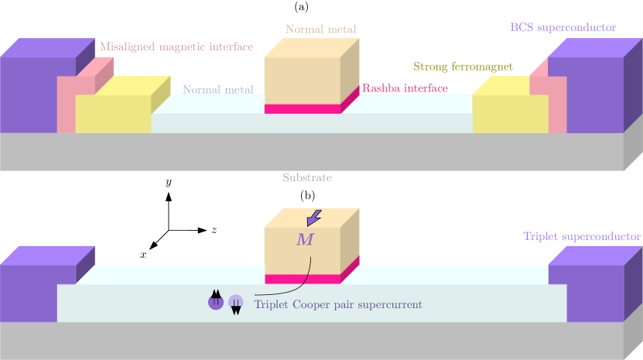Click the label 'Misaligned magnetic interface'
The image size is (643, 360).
click(x=176, y=47)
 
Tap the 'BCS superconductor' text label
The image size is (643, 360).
click(x=563, y=28)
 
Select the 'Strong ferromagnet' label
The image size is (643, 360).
click(x=463, y=67)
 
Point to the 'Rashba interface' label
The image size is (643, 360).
click(x=405, y=89)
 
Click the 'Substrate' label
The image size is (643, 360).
click(x=307, y=178)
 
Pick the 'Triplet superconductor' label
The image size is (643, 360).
click(x=581, y=237)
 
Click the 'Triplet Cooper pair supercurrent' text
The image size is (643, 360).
click(x=338, y=305)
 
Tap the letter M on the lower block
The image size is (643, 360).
click(x=305, y=239)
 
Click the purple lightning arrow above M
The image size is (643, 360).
click(x=313, y=217)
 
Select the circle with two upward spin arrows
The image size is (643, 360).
click(x=216, y=300)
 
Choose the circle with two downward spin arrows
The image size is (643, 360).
click(x=236, y=303)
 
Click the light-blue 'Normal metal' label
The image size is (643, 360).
click(x=218, y=90)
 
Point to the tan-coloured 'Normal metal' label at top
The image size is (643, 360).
click(x=321, y=30)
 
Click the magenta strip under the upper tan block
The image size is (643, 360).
click(x=303, y=109)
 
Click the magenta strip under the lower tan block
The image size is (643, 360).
click(x=303, y=279)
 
